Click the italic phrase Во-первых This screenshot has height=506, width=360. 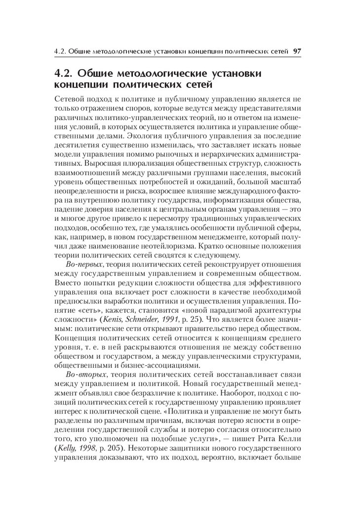pos(80,265)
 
